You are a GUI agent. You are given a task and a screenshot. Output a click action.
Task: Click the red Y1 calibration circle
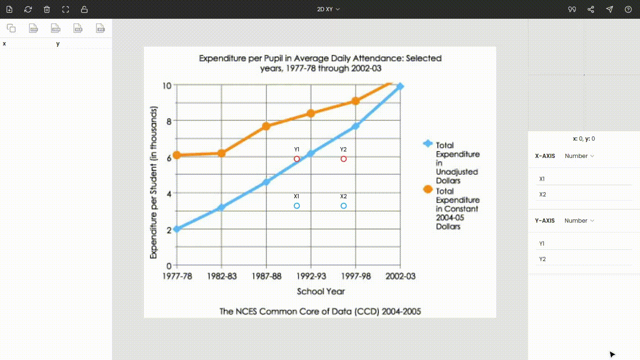click(297, 159)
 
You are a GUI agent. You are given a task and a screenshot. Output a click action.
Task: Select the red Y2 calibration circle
click(343, 159)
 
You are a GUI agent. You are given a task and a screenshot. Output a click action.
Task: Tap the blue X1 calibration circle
click(297, 206)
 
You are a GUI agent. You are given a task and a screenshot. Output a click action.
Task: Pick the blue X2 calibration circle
click(343, 206)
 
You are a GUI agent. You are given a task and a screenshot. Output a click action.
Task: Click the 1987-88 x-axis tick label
click(267, 276)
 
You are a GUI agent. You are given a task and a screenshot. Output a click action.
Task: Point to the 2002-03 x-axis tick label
click(400, 276)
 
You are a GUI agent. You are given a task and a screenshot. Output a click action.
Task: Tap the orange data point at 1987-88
click(266, 126)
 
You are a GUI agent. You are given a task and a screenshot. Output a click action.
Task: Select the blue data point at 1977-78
click(177, 229)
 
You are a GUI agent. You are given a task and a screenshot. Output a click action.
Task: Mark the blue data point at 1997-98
click(356, 126)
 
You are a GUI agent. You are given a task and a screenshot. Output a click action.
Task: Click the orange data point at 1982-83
click(222, 153)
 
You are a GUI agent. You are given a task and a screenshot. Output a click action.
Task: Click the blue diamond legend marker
click(427, 143)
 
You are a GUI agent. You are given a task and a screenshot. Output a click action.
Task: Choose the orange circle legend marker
click(427, 189)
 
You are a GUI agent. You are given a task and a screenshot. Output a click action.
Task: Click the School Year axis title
click(320, 291)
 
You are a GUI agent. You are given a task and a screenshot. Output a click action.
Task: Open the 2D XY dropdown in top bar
click(328, 9)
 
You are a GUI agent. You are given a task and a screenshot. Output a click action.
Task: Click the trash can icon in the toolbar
click(47, 9)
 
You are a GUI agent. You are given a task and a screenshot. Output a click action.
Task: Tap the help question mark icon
click(628, 9)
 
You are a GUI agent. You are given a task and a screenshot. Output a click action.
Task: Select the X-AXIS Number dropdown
click(579, 156)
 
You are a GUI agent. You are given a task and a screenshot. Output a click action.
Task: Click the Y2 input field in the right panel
click(584, 259)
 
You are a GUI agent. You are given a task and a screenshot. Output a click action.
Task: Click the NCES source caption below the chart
click(320, 311)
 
